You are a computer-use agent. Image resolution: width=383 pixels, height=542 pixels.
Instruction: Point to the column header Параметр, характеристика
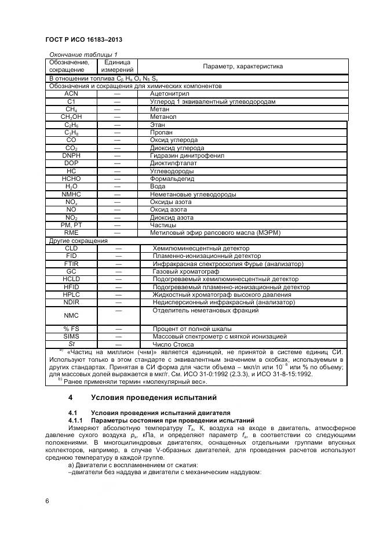click(x=242, y=66)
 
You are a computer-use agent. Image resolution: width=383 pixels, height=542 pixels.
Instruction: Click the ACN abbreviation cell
click(x=71, y=93)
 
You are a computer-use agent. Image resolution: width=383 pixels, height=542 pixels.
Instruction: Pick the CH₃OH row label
click(x=71, y=117)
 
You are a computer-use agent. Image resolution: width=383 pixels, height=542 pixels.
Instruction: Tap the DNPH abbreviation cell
click(x=71, y=156)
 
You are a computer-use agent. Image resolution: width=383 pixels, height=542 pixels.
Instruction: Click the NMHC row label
click(x=71, y=194)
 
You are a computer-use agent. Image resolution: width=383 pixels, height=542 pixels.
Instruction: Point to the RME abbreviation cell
click(x=71, y=232)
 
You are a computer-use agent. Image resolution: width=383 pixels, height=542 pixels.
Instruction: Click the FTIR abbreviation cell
click(x=71, y=264)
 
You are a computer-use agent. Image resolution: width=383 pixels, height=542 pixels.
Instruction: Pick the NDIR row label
click(x=71, y=302)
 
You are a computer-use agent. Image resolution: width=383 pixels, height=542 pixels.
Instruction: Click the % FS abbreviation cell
click(x=71, y=329)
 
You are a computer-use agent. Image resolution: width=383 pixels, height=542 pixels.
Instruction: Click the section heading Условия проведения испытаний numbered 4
click(x=154, y=398)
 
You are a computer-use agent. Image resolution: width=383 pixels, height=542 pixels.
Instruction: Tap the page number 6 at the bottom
click(x=46, y=501)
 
